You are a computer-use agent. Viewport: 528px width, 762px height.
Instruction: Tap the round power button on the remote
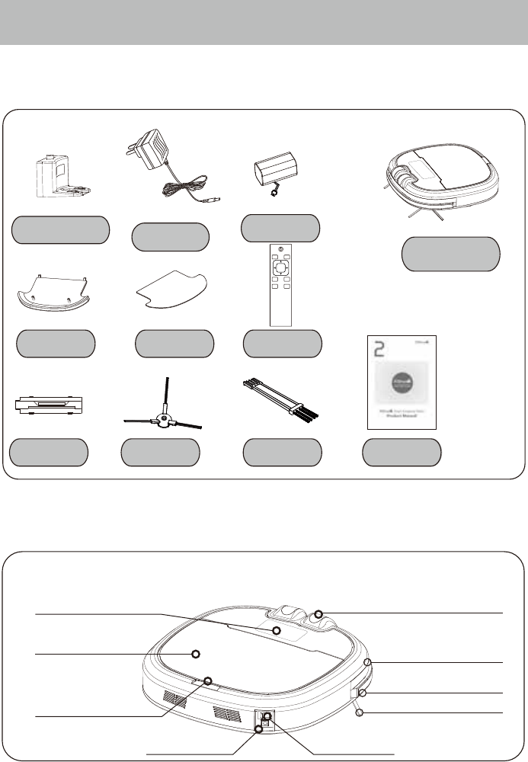[281, 250]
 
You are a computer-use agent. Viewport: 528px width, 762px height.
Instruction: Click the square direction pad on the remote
[281, 267]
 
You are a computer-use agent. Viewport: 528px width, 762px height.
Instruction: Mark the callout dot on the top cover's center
[195, 654]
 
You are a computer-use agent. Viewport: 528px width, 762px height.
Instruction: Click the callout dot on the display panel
[277, 631]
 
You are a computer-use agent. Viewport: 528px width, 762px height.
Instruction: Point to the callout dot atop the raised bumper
[319, 614]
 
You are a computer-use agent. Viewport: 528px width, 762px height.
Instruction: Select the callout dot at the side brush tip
[360, 712]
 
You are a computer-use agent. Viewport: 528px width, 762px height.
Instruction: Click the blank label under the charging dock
[59, 229]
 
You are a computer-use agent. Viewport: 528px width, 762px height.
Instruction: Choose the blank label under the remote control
[282, 344]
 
